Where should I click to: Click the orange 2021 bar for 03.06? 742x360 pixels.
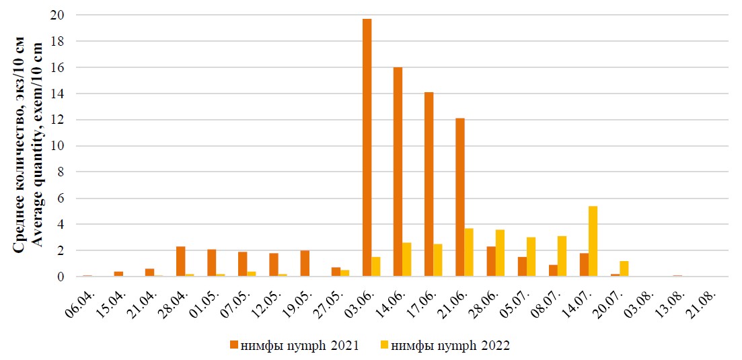367,148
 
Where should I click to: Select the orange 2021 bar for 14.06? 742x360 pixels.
398,172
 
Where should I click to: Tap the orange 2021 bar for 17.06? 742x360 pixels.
429,184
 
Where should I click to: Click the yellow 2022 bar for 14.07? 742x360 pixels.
593,242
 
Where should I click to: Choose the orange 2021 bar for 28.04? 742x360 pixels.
181,262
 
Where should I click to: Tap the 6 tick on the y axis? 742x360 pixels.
59,199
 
